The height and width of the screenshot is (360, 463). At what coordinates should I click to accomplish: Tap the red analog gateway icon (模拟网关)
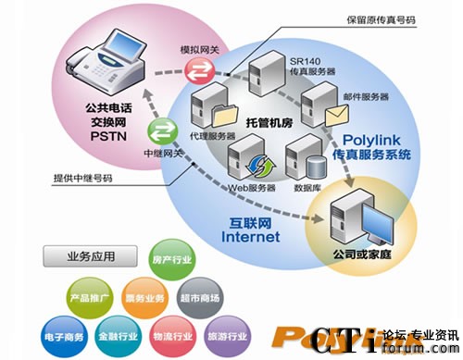pos(197,70)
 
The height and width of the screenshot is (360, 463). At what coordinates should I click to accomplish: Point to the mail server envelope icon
pos(336,114)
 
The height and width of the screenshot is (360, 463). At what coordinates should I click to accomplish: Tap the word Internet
pos(249,236)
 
